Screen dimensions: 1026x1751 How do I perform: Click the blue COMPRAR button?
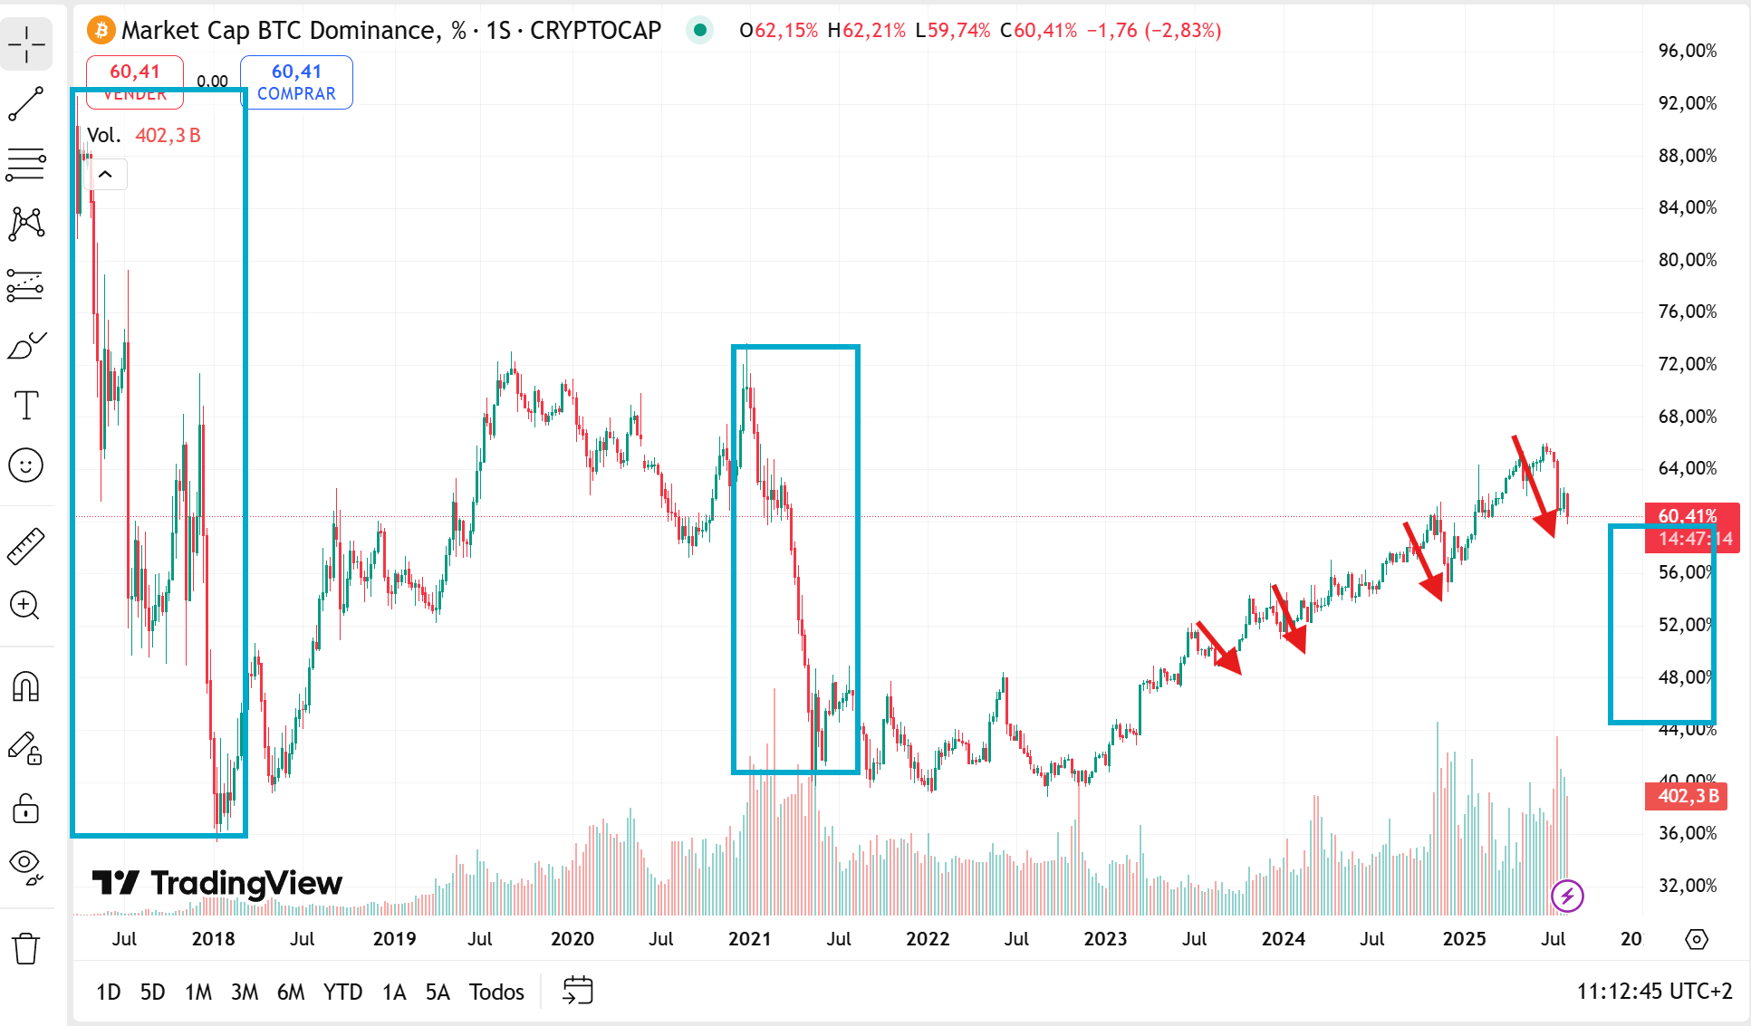pos(296,82)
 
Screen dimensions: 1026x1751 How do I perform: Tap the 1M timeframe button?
pos(198,992)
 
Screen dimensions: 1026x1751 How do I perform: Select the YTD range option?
pos(342,992)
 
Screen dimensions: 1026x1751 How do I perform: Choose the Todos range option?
pos(496,992)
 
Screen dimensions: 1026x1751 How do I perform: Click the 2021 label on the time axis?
pos(749,939)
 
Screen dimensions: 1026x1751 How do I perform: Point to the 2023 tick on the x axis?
pos(1105,939)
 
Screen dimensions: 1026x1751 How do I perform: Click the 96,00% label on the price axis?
pos(1687,51)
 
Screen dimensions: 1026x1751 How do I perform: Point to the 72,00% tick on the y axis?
pos(1687,364)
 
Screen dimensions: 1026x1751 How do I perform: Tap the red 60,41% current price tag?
pos(1687,515)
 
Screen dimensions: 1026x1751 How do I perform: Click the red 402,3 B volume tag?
pos(1687,796)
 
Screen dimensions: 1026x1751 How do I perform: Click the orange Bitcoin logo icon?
pos(101,31)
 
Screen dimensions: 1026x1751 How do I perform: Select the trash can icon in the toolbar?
pos(26,948)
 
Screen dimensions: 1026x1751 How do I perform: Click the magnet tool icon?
pos(26,686)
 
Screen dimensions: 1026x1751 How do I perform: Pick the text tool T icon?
pos(26,405)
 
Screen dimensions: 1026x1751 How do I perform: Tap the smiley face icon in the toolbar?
pos(26,465)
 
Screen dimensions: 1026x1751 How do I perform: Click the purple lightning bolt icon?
pos(1567,897)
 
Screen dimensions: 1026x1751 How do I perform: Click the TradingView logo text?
pos(217,883)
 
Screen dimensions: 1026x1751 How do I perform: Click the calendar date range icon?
pos(577,991)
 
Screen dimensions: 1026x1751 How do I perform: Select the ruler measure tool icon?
pos(26,546)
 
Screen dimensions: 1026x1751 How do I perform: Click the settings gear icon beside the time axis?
pos(1696,939)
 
